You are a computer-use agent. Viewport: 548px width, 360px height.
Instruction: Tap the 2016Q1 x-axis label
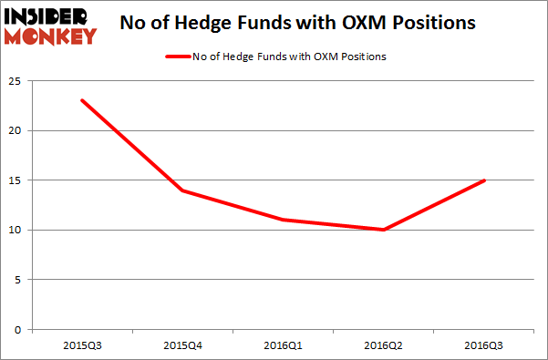(x=282, y=345)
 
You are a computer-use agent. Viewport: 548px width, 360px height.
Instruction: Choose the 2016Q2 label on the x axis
(x=383, y=345)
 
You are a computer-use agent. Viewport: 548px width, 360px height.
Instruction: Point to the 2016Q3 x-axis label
(x=483, y=345)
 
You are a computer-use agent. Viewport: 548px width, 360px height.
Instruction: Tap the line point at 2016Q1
(x=282, y=220)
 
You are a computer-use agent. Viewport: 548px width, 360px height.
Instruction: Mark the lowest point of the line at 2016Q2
(x=383, y=230)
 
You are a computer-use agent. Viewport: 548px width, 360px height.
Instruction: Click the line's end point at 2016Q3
(x=483, y=180)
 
